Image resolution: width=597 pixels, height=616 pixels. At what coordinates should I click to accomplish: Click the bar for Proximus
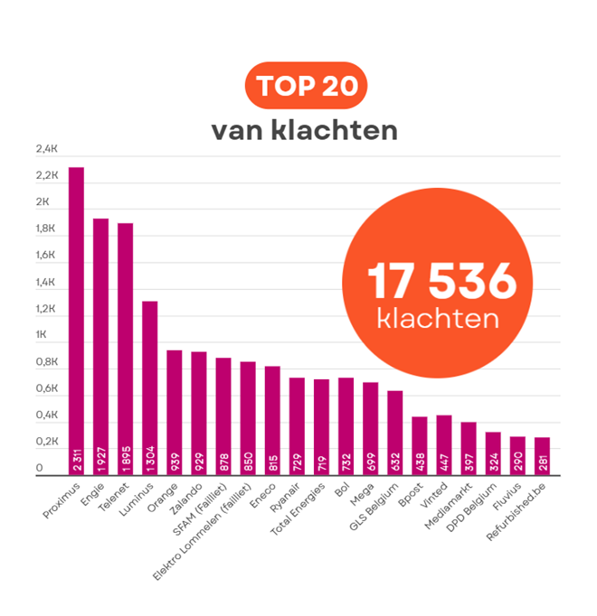tap(76, 320)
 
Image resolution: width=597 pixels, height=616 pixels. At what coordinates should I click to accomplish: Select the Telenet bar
tap(125, 348)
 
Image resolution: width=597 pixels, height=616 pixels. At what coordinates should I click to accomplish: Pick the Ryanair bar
tap(297, 425)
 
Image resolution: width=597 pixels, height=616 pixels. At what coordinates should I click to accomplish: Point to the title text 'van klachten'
tap(305, 129)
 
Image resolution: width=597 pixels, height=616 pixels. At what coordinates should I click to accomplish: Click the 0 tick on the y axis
tap(39, 469)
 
